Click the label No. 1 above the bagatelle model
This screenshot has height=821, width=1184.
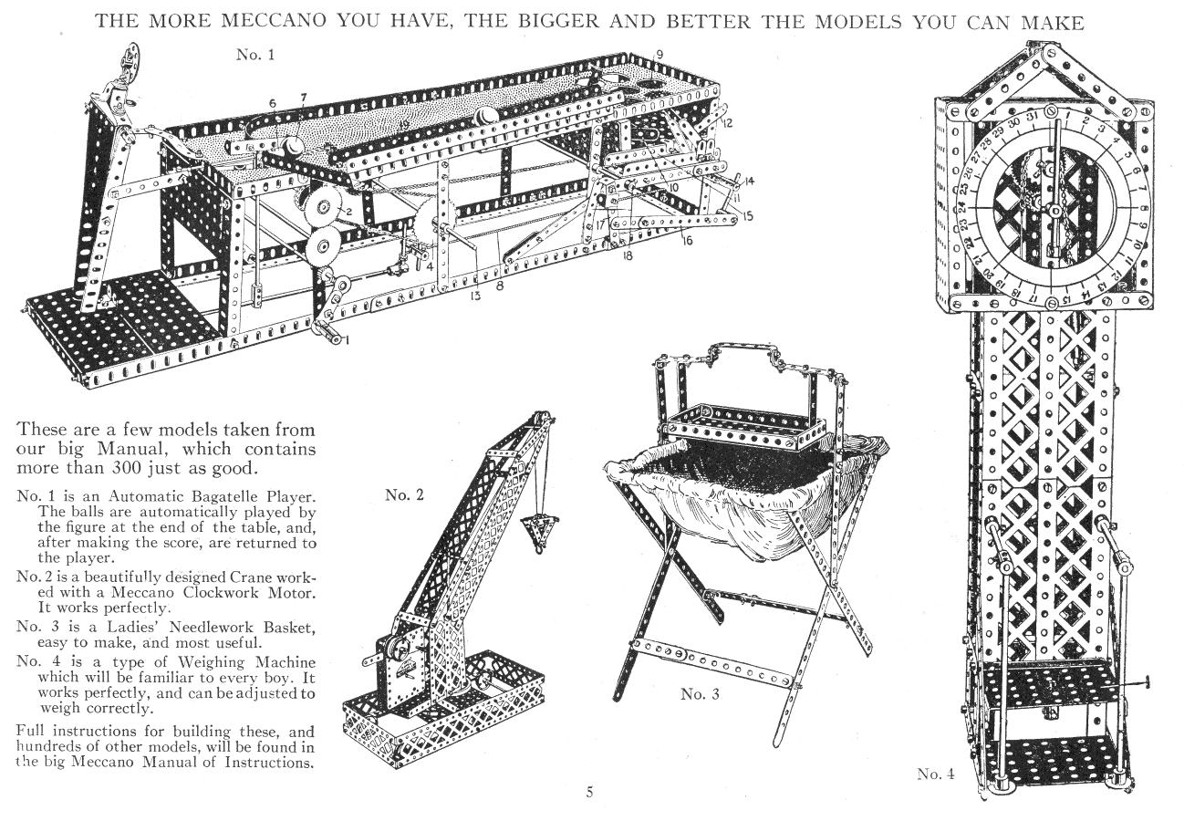(255, 55)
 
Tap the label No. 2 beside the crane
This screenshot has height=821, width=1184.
(404, 494)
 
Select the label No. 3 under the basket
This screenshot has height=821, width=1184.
(700, 693)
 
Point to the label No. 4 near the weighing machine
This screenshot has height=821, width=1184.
(936, 774)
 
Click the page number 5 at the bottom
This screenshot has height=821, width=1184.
(590, 792)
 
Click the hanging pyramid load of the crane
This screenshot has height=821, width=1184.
(537, 529)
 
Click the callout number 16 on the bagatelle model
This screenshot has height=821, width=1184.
(687, 241)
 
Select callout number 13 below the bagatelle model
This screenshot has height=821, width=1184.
(476, 296)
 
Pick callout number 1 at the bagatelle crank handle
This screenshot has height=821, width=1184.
(348, 340)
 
